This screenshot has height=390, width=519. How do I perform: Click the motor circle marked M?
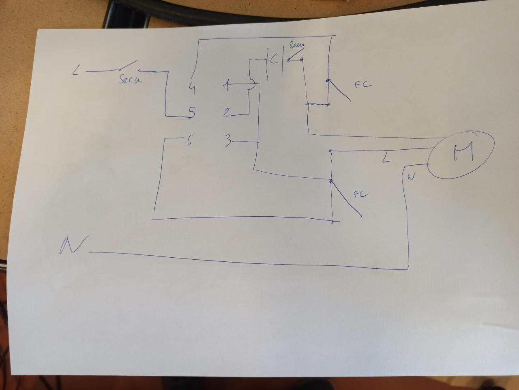coord(461,155)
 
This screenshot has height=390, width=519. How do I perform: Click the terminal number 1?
coord(227,85)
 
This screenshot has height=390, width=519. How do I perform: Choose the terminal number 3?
coord(228,141)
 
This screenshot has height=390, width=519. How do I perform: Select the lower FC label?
coord(360,194)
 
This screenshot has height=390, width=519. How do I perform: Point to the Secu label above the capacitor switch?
coord(296,45)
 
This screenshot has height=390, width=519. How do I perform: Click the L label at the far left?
coord(75,72)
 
